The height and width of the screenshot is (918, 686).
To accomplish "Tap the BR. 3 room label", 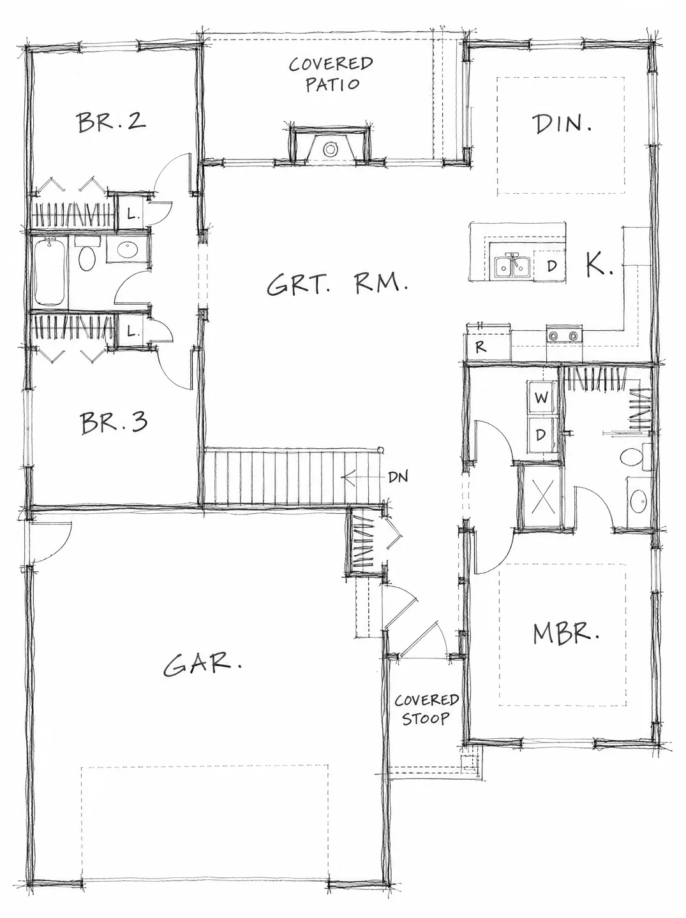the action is click(114, 423).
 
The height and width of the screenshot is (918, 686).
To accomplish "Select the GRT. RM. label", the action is click(338, 285).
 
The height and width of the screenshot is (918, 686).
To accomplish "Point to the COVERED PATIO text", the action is click(331, 74).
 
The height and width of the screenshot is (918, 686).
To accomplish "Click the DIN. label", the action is click(562, 124).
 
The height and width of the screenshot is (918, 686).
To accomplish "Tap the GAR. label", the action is click(202, 665).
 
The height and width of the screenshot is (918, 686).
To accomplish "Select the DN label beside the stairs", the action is click(398, 477).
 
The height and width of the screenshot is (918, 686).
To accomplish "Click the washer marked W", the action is click(542, 398).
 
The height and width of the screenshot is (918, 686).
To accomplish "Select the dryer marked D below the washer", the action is click(542, 435).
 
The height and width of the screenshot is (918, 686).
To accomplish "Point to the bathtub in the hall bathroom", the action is click(50, 272).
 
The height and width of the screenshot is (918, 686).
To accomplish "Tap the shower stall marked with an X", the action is click(542, 496).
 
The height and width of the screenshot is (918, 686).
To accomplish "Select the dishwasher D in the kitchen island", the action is click(551, 266).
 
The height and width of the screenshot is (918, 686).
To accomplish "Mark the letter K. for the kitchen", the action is click(599, 265).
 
